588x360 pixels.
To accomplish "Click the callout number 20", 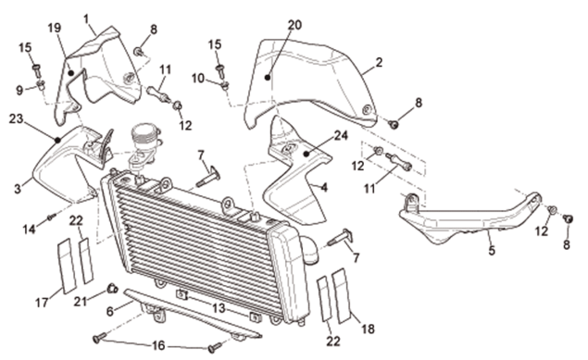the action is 294,25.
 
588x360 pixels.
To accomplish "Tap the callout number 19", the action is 55,28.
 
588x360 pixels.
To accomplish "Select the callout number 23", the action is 16,118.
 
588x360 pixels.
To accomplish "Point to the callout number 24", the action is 341,135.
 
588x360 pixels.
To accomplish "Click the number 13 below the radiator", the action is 219,308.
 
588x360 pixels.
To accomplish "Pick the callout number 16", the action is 158,345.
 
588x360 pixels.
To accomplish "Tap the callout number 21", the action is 81,301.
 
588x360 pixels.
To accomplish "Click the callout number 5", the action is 492,250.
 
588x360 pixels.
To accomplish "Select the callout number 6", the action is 110,311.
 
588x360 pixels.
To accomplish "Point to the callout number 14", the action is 30,229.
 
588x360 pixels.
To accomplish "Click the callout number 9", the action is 19,90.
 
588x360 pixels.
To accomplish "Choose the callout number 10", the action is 198,79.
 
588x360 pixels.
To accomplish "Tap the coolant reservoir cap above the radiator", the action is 144,131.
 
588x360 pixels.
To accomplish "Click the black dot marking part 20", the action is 268,78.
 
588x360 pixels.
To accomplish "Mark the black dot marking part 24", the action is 307,154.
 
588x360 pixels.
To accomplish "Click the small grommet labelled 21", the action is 112,289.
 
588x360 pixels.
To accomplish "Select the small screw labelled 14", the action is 52,217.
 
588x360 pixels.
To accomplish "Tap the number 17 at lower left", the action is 43,302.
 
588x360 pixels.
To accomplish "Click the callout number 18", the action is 368,329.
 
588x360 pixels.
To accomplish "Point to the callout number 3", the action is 18,189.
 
